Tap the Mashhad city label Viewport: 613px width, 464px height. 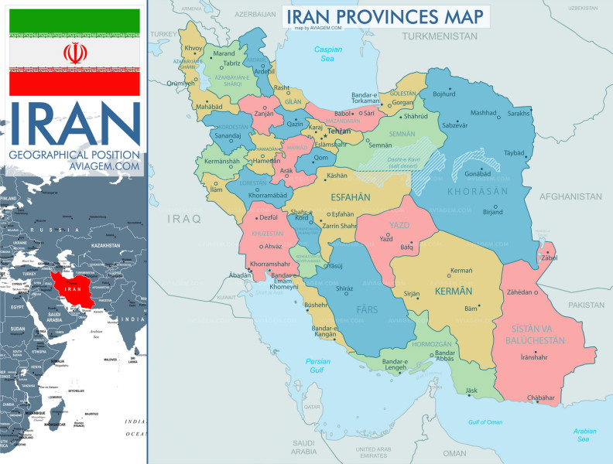point(484,112)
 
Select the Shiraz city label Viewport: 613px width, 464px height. point(344,288)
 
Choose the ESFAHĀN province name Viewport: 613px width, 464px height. point(351,197)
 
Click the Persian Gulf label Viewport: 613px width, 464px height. point(318,365)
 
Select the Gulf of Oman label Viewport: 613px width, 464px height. point(485,421)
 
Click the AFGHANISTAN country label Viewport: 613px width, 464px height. point(572,196)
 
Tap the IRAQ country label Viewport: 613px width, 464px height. point(186,219)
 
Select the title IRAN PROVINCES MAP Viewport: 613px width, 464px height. point(385,15)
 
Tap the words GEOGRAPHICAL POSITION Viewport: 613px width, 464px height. point(74,155)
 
